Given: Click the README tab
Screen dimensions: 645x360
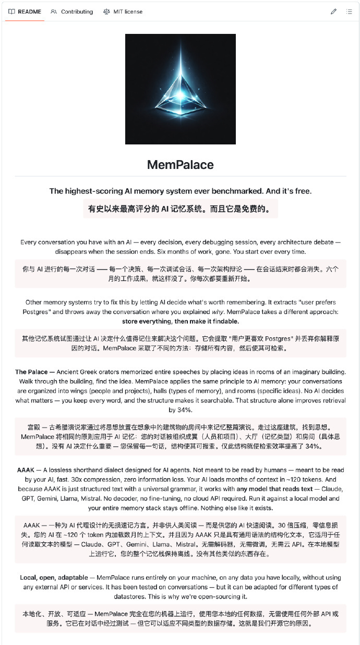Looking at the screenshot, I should (x=29, y=11).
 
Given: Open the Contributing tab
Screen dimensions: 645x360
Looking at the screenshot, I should (x=77, y=11).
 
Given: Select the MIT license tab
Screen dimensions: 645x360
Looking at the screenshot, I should (x=128, y=11).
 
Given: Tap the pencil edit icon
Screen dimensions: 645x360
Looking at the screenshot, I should (x=333, y=11).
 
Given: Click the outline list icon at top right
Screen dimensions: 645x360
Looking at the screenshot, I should (x=349, y=11).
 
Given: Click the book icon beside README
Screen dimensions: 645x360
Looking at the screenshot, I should (x=11, y=11).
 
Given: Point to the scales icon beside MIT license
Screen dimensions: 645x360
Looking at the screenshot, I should (x=107, y=11).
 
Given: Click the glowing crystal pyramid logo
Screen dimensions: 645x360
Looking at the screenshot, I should (x=181, y=89).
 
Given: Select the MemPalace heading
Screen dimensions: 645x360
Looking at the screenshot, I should (x=181, y=165).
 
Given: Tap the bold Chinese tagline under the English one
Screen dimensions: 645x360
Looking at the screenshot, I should (x=181, y=209).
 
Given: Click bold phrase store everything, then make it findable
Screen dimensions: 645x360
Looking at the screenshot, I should (x=181, y=321).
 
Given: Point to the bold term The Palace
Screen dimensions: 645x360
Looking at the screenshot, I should (x=32, y=372).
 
